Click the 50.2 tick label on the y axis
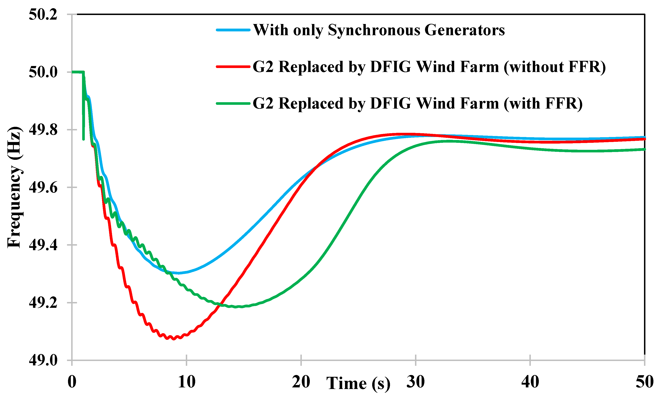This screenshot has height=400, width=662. pos(43,15)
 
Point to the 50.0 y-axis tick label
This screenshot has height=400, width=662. pos(43,72)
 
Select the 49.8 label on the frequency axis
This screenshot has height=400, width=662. pos(43,130)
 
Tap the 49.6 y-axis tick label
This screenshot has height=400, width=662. pos(43,188)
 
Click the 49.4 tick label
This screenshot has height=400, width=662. pos(43,245)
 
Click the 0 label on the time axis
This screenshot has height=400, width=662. pos(72,382)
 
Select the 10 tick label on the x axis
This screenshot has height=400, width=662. pos(186,382)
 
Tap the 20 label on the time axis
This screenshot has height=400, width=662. pos(301,382)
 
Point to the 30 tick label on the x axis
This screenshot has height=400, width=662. pos(415,382)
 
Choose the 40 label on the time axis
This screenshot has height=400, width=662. pos(530,382)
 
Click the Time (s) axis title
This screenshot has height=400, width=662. pos(358,383)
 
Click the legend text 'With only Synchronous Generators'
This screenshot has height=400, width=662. pos(379,30)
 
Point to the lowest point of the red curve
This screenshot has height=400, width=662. pos(174,339)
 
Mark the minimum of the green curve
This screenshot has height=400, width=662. pos(236,307)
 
